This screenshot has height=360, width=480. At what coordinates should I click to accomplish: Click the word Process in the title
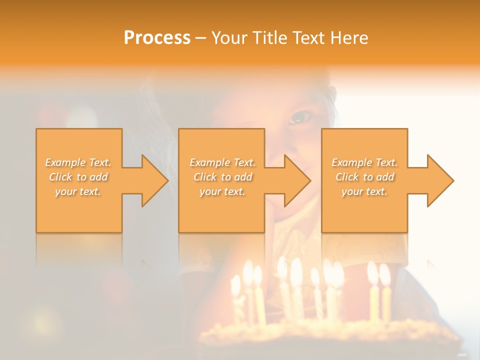(157, 38)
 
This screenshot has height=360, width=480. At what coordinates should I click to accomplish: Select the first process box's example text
(78, 177)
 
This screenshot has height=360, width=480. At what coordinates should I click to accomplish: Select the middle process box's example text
(222, 177)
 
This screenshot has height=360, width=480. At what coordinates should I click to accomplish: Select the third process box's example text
(364, 177)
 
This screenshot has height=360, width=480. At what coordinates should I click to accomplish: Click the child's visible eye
(301, 117)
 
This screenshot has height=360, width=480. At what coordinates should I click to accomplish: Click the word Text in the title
(308, 38)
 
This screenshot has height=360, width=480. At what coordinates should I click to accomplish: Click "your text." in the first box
(78, 191)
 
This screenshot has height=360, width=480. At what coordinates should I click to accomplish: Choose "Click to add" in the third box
(365, 177)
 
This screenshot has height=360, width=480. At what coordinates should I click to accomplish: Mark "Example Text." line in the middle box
(222, 162)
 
